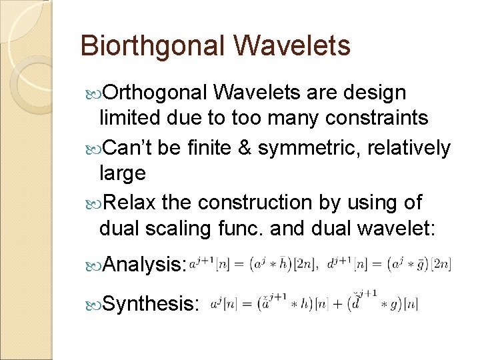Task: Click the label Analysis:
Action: click(x=144, y=265)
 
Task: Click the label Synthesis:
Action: click(x=151, y=304)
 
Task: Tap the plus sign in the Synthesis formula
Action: click(x=335, y=304)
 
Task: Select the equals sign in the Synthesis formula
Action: click(x=246, y=304)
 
